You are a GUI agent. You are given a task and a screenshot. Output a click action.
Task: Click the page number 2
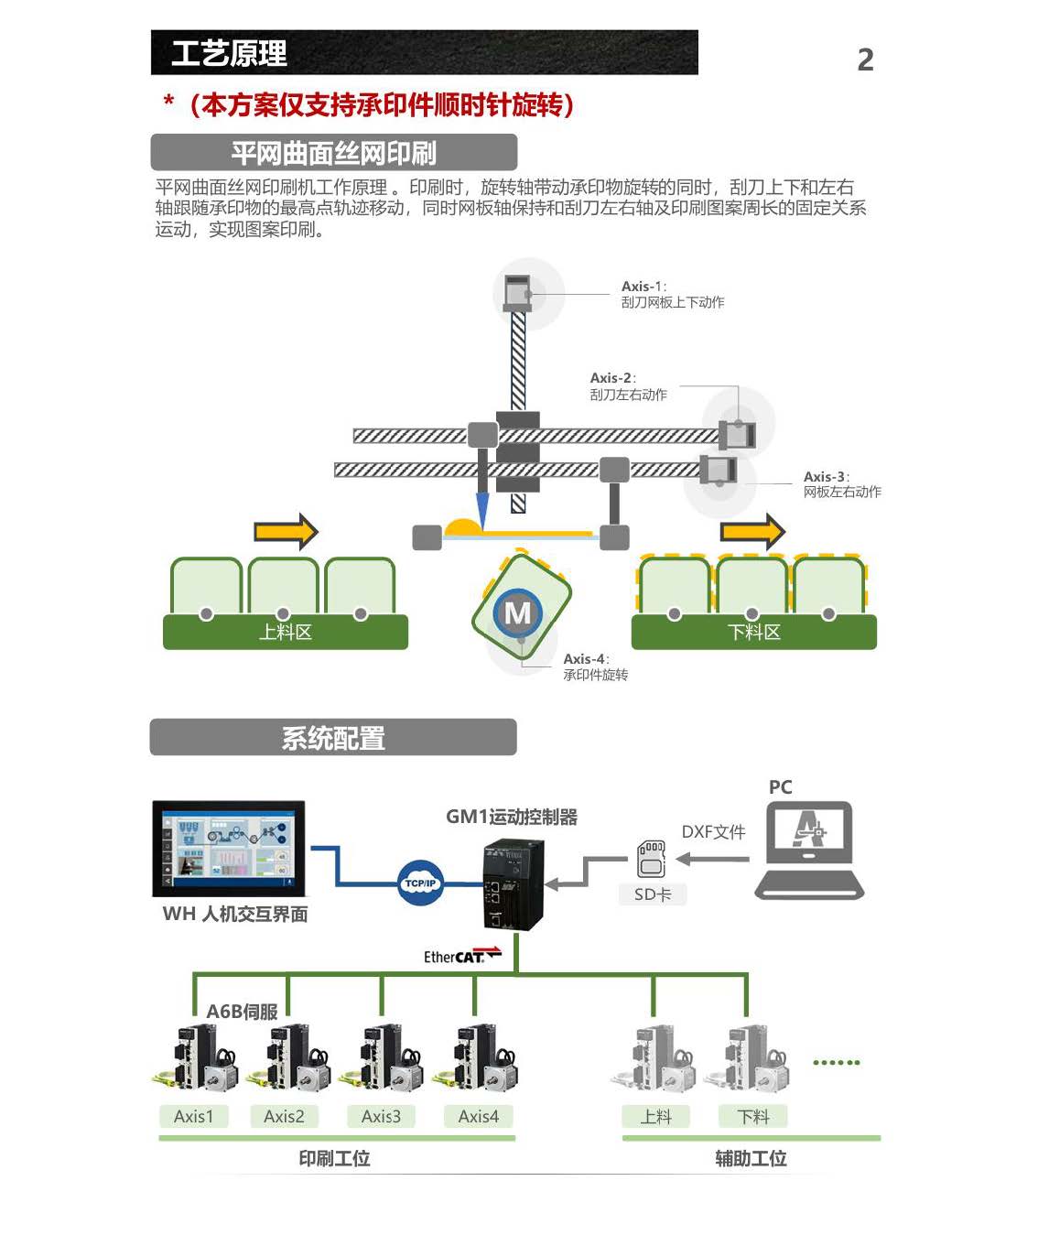[x=865, y=60]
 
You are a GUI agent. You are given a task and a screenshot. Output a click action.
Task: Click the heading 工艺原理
[x=229, y=53]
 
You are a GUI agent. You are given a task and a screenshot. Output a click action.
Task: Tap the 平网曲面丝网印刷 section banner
[x=333, y=152]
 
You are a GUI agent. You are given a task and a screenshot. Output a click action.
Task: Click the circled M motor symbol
[x=518, y=612]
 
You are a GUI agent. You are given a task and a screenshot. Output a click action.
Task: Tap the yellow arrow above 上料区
[x=286, y=531]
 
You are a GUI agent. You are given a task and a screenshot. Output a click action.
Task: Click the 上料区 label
[x=286, y=632]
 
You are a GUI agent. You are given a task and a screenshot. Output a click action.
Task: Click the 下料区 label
[x=753, y=632]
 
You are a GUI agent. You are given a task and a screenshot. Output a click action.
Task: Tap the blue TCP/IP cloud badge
[x=420, y=883]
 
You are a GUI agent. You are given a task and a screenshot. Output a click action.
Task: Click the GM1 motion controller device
[x=514, y=883]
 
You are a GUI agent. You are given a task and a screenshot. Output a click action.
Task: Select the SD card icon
[x=651, y=859]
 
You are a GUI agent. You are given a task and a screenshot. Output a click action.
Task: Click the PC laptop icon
[x=809, y=850]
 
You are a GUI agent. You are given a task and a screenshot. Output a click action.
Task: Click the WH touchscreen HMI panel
[x=229, y=848]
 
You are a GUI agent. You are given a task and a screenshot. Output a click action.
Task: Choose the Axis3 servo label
[x=381, y=1116]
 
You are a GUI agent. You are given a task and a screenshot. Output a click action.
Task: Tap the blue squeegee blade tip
[x=482, y=513]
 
